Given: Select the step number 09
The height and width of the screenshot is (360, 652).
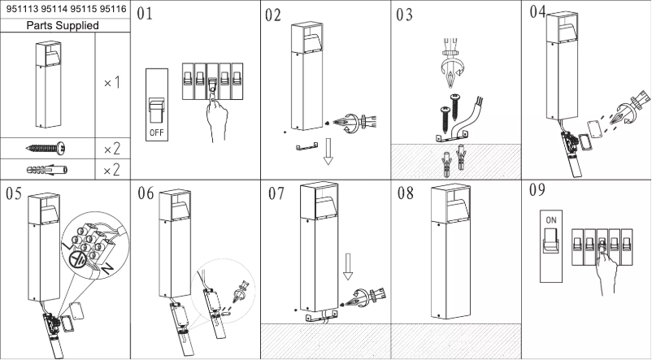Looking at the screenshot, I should [537, 192].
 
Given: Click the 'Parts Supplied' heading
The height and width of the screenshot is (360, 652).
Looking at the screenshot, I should [64, 25].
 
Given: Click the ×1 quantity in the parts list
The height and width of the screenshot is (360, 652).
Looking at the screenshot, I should [111, 83].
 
